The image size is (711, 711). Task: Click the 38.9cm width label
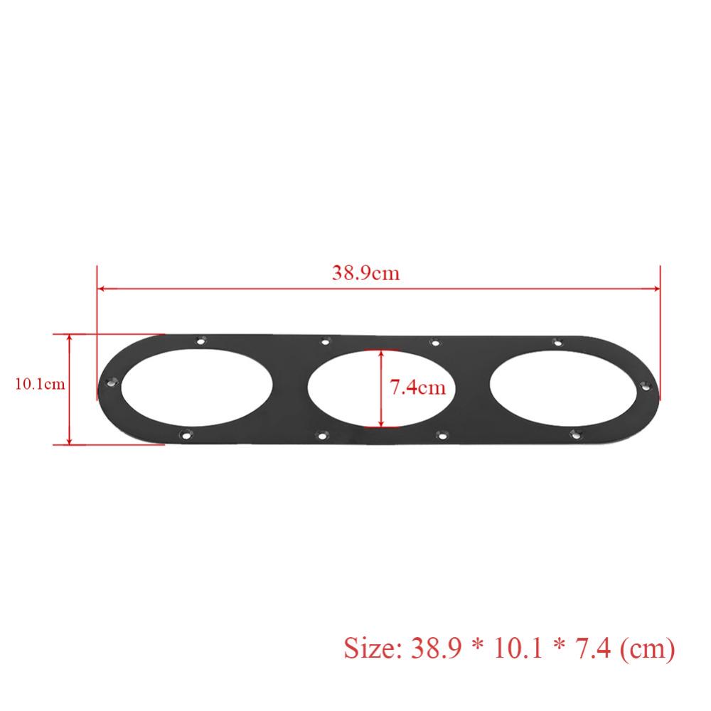point(365,274)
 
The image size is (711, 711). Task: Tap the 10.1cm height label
point(40,385)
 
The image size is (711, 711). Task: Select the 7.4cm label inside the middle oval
point(417,387)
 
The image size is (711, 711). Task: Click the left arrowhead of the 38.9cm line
point(102,288)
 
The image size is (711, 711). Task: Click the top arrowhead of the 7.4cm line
point(382,353)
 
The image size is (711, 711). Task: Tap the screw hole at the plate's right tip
point(646,387)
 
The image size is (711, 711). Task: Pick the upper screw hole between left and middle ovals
point(325,342)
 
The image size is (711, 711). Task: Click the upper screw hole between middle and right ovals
point(435,343)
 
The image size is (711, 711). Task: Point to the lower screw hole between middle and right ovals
point(442,433)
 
